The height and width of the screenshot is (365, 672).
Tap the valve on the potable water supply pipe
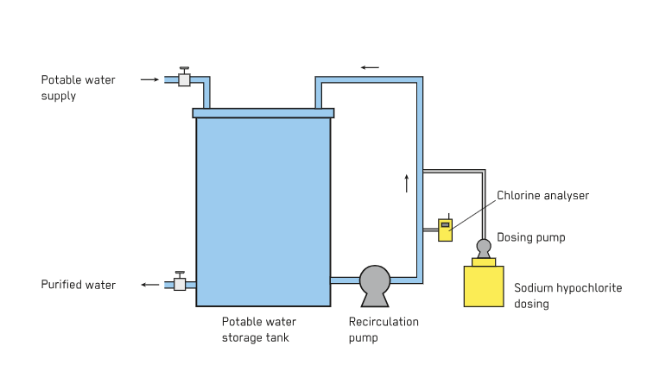[x=184, y=79]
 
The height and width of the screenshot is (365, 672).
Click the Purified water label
[x=79, y=285]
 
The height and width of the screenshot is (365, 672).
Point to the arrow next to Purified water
[x=150, y=284]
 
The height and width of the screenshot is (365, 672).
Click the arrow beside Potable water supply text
[x=149, y=79]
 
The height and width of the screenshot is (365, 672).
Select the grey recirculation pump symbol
[x=375, y=284]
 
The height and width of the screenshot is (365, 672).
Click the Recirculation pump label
[x=384, y=329]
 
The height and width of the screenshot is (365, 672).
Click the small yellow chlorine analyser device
[x=445, y=230]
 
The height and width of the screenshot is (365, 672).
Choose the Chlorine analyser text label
[x=542, y=196]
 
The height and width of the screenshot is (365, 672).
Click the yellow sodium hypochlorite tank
[x=484, y=286]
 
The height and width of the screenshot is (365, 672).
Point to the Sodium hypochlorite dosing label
[x=567, y=295]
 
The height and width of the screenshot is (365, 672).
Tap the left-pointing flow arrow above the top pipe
[x=370, y=66]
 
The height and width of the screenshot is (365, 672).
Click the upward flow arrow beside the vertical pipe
[x=405, y=183]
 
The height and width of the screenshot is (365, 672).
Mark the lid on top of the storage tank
[x=263, y=112]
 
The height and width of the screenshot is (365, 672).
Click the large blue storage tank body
[x=263, y=211]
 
